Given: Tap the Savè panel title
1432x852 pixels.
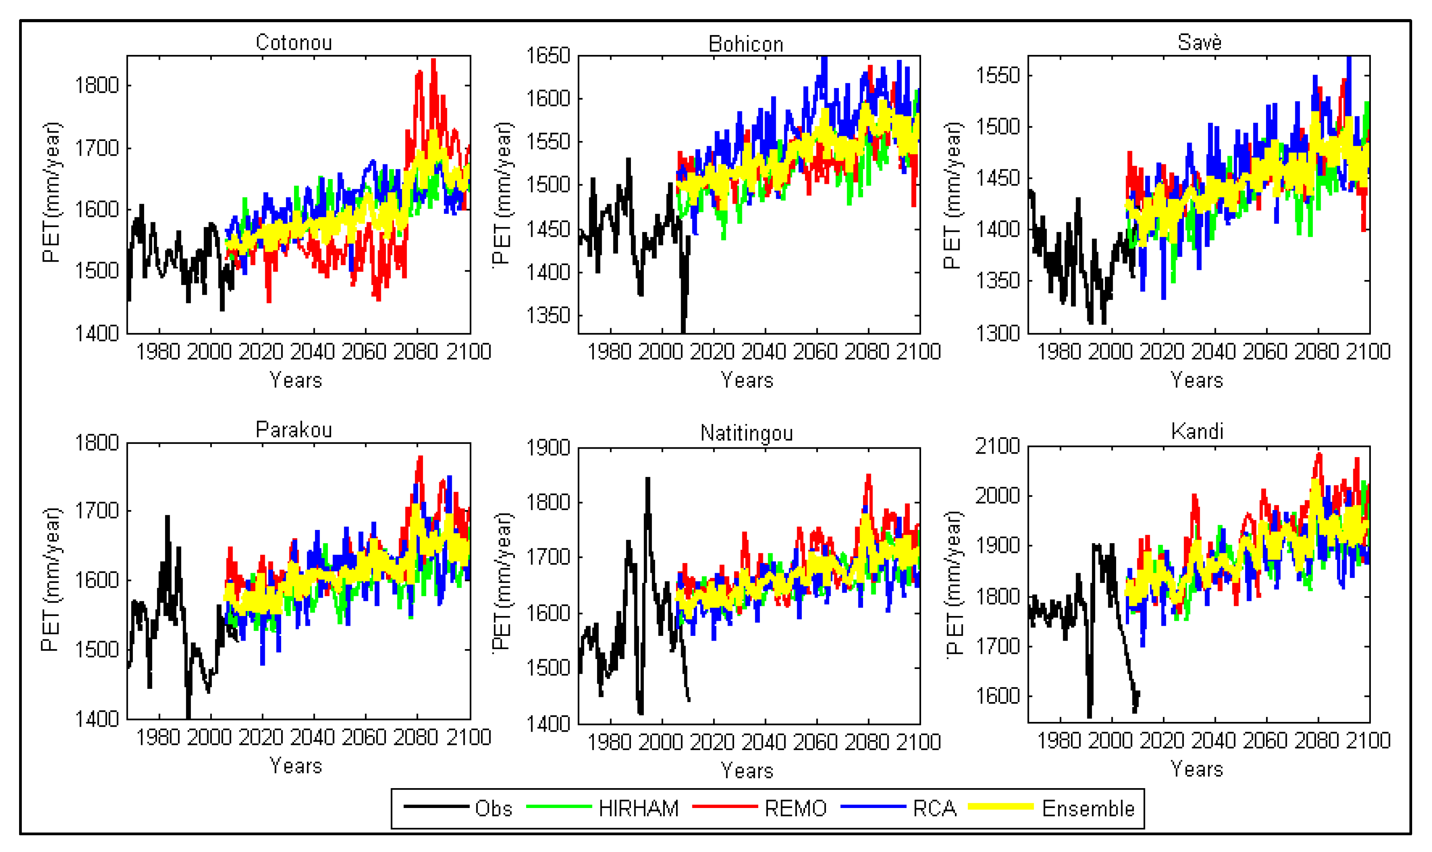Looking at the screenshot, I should (1199, 42).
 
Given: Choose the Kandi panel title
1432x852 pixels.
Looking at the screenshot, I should (1197, 431).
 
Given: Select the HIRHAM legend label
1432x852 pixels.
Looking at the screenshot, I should (638, 808).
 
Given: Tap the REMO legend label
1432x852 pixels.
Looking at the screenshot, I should (795, 808).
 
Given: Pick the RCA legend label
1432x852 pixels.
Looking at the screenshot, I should (934, 808).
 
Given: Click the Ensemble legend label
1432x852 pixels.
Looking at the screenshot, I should (1088, 808).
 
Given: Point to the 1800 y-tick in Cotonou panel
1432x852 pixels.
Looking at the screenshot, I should (97, 86).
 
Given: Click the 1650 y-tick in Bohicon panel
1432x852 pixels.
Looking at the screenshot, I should (548, 56).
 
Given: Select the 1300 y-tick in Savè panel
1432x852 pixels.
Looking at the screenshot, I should (998, 333).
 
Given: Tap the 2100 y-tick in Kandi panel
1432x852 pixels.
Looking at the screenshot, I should (997, 446).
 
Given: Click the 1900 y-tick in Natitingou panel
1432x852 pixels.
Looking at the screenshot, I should (548, 448).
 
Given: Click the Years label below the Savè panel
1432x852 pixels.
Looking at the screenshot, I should (1197, 380).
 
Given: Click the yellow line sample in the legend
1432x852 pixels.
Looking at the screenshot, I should (1000, 807).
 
